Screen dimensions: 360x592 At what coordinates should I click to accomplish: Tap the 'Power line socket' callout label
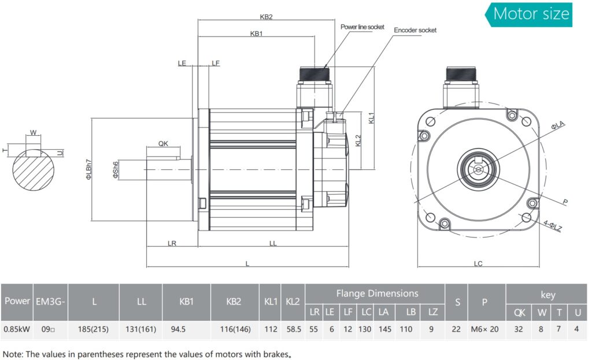362,27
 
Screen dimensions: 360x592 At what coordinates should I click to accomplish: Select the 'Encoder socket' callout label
415,30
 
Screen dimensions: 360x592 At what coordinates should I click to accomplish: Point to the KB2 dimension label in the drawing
266,17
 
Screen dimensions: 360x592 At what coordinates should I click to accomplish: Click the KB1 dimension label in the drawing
257,34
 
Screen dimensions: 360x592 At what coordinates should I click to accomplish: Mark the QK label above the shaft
163,144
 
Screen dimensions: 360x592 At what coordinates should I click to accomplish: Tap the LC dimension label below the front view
478,263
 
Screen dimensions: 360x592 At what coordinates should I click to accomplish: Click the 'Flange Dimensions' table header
377,294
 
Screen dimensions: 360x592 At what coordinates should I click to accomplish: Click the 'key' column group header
547,294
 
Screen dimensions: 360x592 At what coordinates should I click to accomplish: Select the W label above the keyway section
34,133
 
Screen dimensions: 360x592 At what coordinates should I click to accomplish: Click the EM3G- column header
51,301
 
